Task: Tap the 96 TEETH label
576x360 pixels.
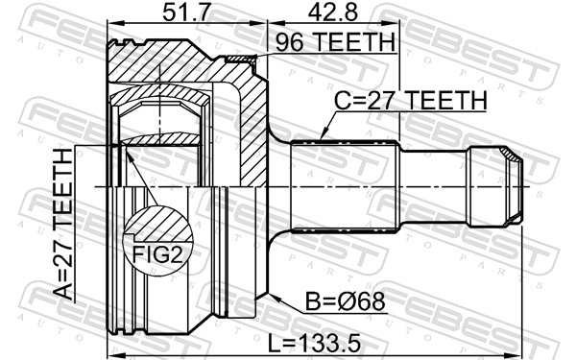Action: point(334,43)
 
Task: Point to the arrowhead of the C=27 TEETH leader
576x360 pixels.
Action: point(324,136)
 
